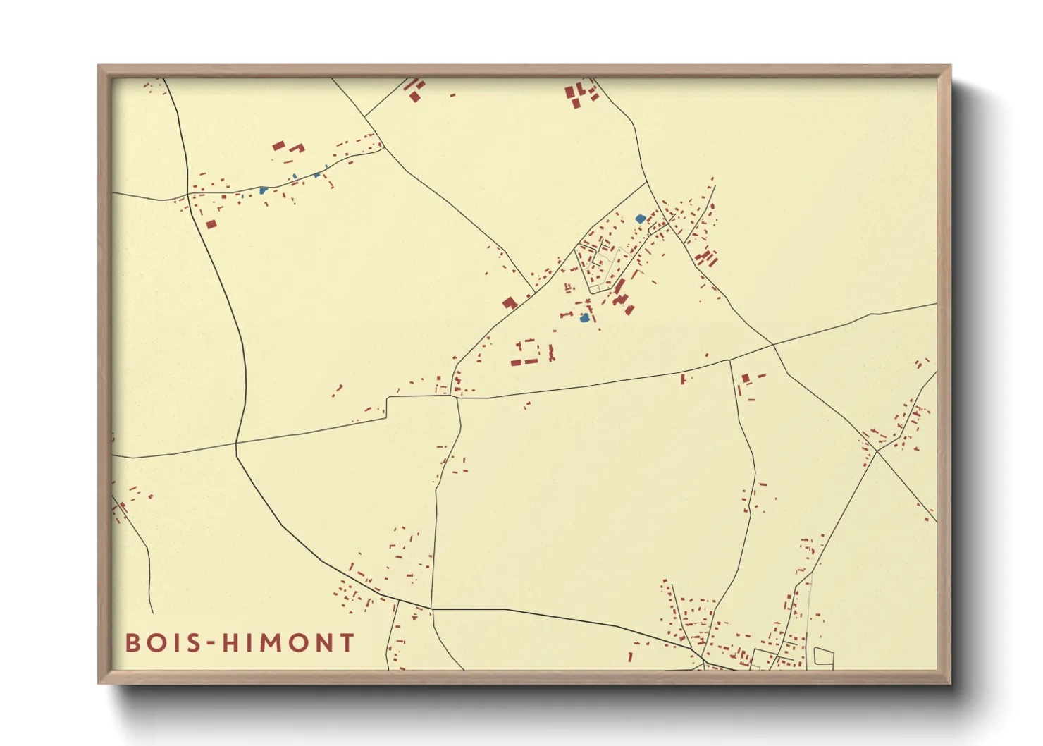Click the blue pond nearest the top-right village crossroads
click(x=640, y=219)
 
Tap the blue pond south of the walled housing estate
click(x=584, y=318)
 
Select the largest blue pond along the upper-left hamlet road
click(x=263, y=190)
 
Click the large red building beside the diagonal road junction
click(x=510, y=303)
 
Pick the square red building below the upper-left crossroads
click(x=211, y=224)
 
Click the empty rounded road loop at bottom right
click(x=824, y=657)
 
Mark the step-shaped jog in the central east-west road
click(x=387, y=407)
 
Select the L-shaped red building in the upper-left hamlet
click(x=297, y=148)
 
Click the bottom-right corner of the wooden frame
click(x=949, y=682)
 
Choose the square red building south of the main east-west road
click(x=746, y=379)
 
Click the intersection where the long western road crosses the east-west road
click(x=236, y=444)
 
